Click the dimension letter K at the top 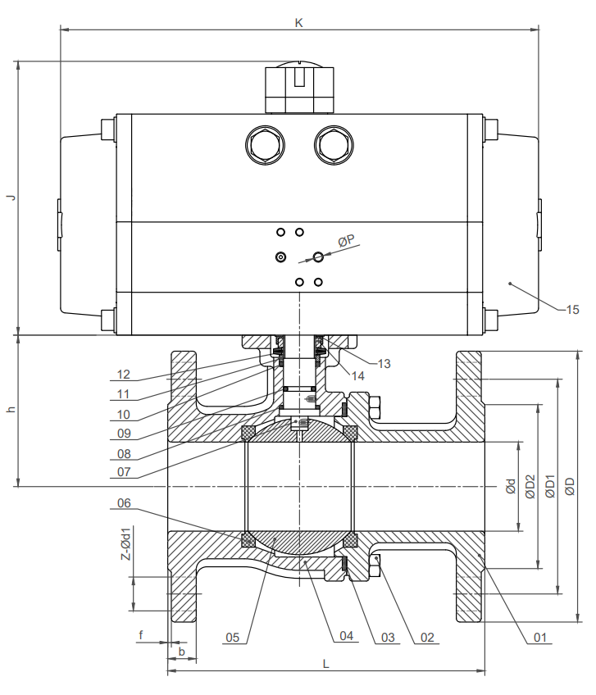click(299, 23)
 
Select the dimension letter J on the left click(11, 198)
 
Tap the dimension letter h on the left click(11, 410)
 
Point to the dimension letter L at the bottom click(325, 664)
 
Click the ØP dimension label click(346, 240)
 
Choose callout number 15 click(572, 309)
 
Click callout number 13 click(384, 361)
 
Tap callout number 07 click(124, 472)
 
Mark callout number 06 click(124, 503)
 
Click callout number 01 click(539, 637)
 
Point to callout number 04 click(345, 637)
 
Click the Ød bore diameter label click(510, 486)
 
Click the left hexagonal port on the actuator click(265, 144)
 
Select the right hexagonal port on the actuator click(334, 144)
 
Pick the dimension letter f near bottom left click(141, 634)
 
